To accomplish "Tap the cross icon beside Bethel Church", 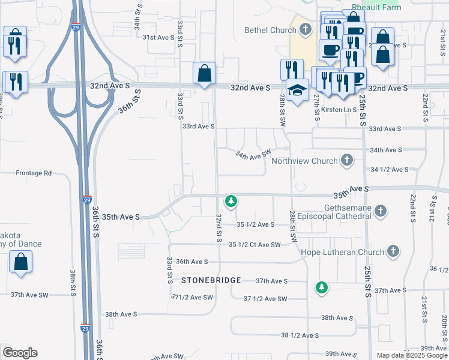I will click(306, 29).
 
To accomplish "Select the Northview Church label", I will click(304, 161).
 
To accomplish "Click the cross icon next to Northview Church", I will click(346, 160).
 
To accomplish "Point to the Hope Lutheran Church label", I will click(342, 252).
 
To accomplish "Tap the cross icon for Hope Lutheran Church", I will click(393, 251).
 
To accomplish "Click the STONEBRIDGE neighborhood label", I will click(211, 280).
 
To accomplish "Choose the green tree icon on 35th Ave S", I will click(230, 200).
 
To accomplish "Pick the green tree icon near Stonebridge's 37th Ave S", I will click(322, 287).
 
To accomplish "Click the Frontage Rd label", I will click(34, 173).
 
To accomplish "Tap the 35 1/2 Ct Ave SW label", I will click(255, 245).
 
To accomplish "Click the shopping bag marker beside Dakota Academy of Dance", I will click(20, 262).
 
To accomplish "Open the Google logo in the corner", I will click(20, 352).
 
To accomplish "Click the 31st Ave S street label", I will click(158, 37).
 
